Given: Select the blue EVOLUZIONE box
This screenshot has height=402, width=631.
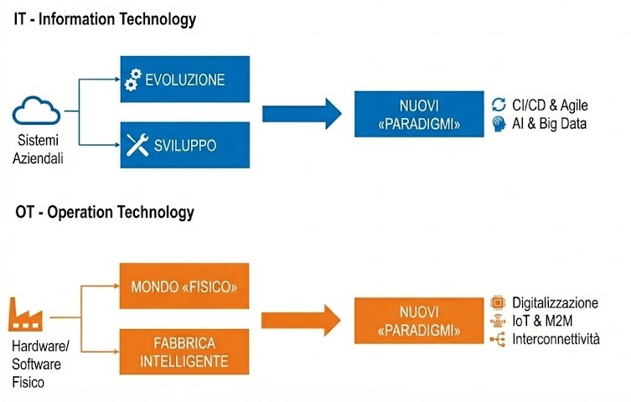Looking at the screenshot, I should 185,80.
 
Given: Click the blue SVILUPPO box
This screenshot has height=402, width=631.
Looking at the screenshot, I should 185,145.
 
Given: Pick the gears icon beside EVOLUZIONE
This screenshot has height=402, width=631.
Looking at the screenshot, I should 132,80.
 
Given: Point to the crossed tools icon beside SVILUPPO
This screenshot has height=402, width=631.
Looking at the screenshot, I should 136,146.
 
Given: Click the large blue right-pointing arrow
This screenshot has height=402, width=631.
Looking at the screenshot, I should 302,114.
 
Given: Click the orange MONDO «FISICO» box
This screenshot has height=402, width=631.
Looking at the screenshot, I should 185,288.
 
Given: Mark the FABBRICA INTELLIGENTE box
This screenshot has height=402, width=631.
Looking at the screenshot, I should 185,353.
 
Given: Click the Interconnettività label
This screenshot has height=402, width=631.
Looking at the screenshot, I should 557,339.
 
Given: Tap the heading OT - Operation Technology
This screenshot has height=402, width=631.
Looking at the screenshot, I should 105,212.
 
